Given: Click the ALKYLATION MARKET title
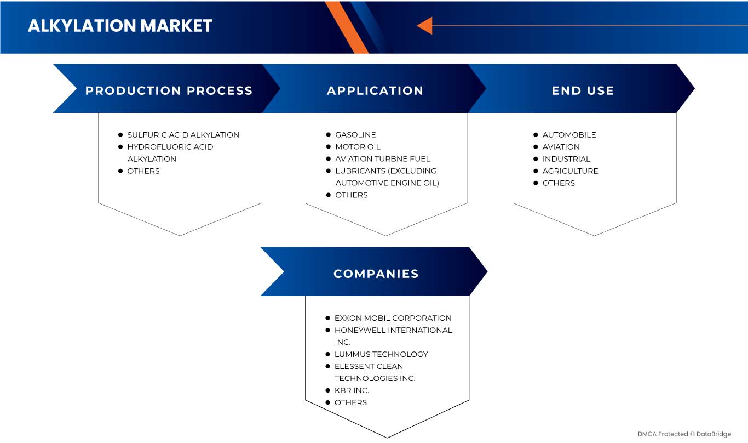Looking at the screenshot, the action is tap(120, 26).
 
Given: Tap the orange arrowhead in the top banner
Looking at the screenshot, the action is tap(425, 25).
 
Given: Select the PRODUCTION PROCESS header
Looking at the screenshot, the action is tap(169, 90).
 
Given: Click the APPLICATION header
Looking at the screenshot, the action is tap(375, 90).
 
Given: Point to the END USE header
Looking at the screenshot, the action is tap(583, 90).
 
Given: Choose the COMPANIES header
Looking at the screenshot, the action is tap(376, 274).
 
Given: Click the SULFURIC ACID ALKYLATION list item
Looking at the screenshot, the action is tap(183, 135).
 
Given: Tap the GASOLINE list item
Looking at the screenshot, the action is tap(355, 135).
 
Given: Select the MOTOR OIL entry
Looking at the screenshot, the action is tap(358, 147).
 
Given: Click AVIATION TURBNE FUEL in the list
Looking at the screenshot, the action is tap(383, 159).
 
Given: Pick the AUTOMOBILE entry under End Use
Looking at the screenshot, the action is tap(569, 135).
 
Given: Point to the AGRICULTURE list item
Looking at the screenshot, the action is tap(571, 171).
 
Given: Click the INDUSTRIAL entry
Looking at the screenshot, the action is tap(566, 159).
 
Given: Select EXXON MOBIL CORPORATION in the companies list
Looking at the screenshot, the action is tap(393, 318).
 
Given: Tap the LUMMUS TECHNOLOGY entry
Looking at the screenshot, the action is tap(381, 354).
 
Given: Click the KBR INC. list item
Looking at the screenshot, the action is tap(352, 390).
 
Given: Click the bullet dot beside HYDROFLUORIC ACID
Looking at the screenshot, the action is tap(120, 147).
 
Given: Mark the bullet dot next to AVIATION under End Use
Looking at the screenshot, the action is tap(536, 147).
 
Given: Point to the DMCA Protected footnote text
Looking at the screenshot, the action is tap(684, 434).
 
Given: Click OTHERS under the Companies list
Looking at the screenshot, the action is tap(350, 402).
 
